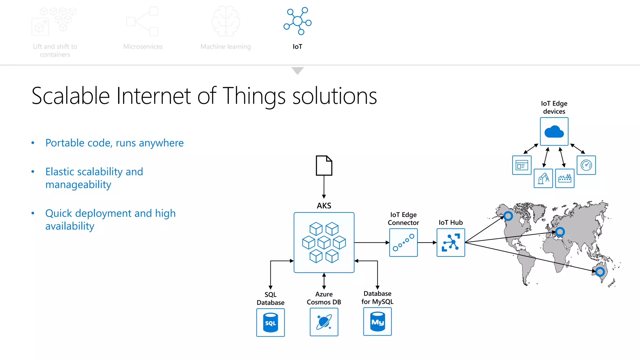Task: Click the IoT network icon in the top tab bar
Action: point(297,21)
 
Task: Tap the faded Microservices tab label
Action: point(143,47)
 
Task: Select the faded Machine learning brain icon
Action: point(226,21)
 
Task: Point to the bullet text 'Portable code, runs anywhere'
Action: point(114,143)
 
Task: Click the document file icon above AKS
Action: point(324,165)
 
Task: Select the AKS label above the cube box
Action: point(324,206)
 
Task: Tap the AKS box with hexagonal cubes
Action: point(324,242)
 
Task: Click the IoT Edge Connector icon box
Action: point(403,242)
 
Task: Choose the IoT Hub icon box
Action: point(451,242)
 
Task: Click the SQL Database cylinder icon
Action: point(271,322)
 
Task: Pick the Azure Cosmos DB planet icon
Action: point(324,322)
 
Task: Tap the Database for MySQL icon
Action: point(377,322)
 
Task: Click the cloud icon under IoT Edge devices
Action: point(554,132)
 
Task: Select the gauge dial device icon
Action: point(586,165)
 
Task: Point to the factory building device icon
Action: point(565,178)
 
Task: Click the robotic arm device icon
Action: point(543,178)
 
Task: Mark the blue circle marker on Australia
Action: point(600,272)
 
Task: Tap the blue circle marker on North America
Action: point(508,216)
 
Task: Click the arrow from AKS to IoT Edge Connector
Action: point(372,242)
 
